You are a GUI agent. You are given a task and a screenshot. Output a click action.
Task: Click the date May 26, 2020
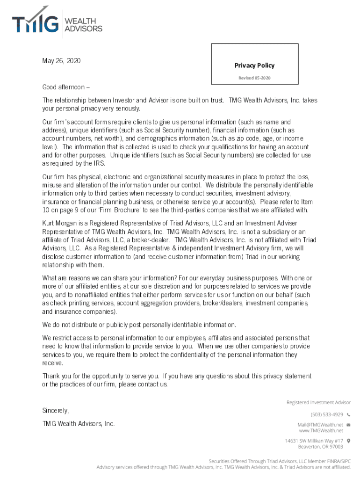point(61,61)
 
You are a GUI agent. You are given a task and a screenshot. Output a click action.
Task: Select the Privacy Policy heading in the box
point(254,65)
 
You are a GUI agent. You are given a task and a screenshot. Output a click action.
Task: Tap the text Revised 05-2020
point(254,78)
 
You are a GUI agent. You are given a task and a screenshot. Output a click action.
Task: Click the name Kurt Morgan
point(61,223)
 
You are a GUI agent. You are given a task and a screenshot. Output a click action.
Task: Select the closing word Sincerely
point(56,411)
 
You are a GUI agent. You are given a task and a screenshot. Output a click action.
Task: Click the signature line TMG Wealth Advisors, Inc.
point(78,424)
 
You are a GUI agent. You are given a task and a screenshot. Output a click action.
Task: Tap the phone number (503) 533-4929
point(327,414)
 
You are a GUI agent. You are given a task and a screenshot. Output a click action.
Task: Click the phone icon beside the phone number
point(348,414)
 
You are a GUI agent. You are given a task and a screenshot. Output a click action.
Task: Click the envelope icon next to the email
point(348,424)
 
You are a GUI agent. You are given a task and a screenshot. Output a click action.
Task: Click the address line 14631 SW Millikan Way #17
point(314,441)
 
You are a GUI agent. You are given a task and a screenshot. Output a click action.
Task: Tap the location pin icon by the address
point(348,441)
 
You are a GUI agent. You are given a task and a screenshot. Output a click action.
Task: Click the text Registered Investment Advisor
point(318,402)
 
